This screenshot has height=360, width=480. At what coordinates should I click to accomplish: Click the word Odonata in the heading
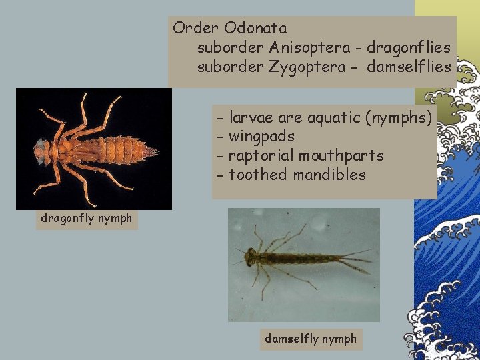click(x=255, y=29)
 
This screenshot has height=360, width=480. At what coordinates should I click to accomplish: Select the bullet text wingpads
click(x=261, y=137)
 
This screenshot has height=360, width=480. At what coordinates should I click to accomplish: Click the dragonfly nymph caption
click(x=86, y=218)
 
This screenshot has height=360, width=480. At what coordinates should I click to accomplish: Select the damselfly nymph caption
click(x=311, y=339)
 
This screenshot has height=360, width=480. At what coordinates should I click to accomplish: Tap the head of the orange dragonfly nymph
click(x=41, y=151)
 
